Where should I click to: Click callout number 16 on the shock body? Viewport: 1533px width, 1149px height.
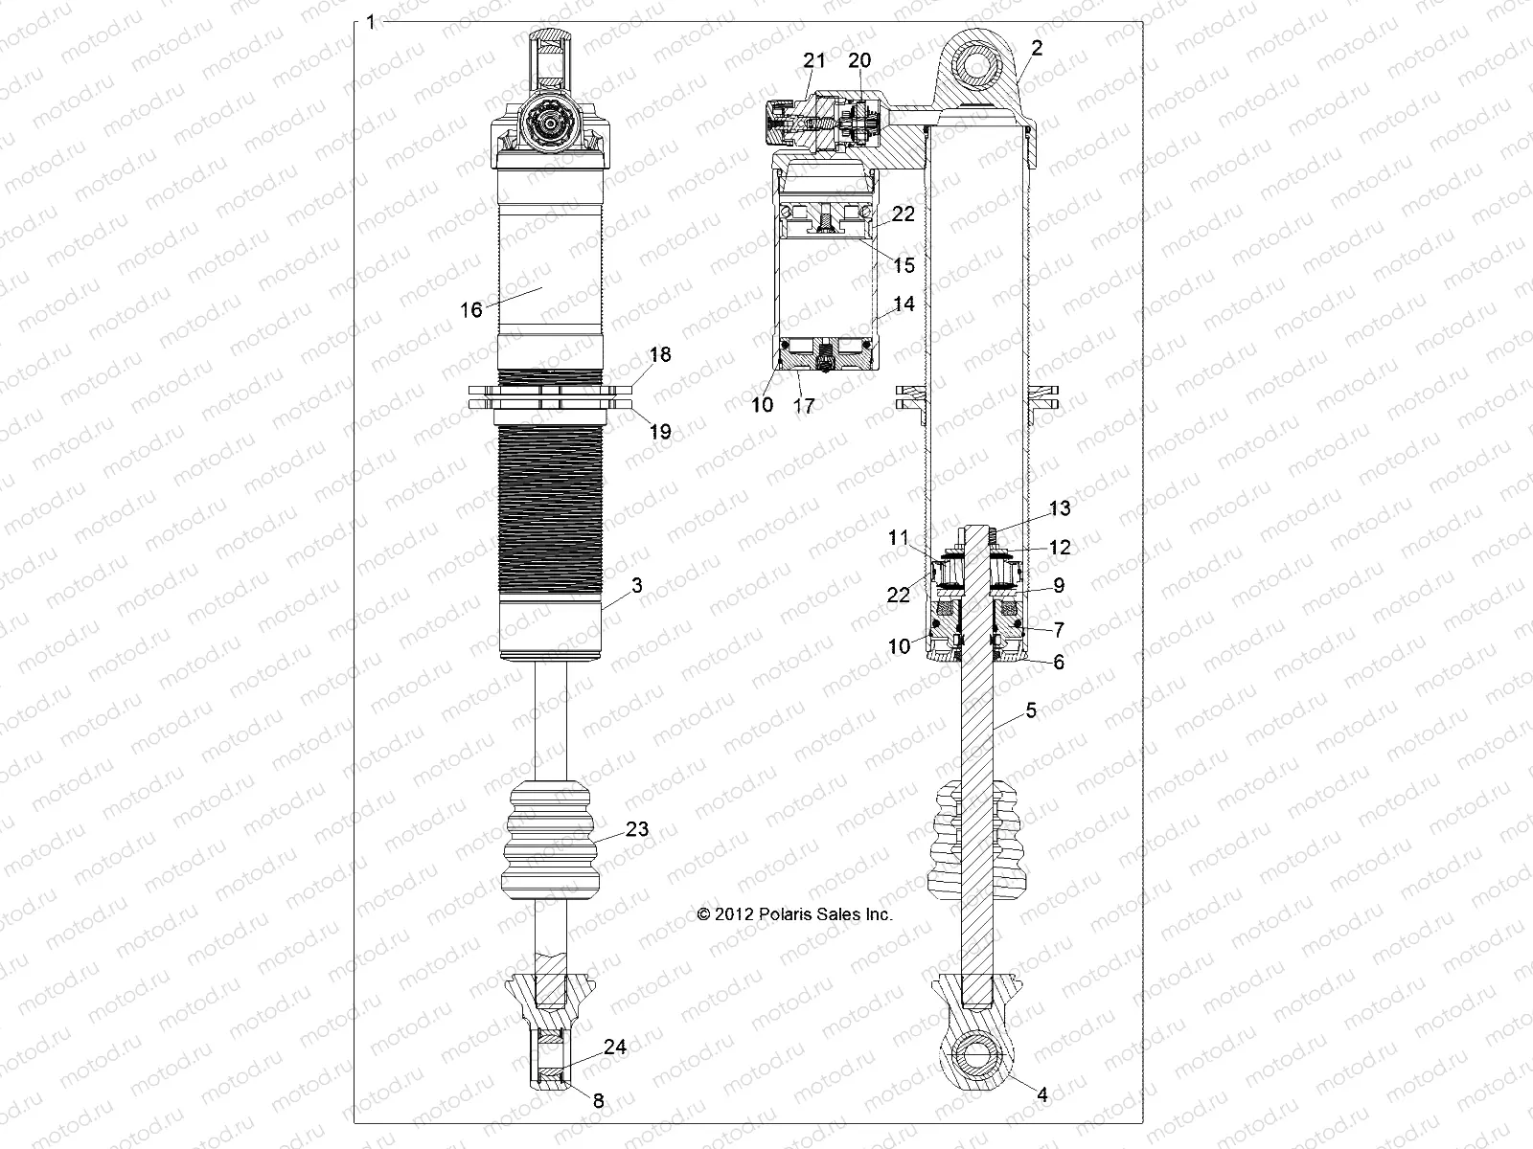pos(471,310)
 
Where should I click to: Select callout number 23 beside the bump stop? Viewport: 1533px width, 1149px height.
pos(637,829)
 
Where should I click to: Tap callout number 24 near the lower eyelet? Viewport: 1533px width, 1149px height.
pos(615,1048)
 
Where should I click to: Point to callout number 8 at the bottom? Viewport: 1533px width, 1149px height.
pos(599,1101)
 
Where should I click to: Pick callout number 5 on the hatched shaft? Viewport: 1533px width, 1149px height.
pos(1031,710)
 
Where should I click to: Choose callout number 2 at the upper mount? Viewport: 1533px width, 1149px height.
pos(1038,47)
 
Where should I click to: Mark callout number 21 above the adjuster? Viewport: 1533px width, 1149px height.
pos(813,60)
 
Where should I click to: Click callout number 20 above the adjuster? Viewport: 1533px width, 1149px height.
pos(859,60)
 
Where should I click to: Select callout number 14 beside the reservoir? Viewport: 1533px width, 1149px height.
pos(904,304)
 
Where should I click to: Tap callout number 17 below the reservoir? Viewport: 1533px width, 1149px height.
pos(805,406)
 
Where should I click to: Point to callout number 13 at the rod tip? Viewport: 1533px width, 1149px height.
pos(1060,508)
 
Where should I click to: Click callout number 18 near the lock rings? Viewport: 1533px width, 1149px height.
pos(660,355)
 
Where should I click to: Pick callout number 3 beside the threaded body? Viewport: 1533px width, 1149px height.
pos(637,586)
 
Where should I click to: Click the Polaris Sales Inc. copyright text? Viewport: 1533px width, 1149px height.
pos(795,914)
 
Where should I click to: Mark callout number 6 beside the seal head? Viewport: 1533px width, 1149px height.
pos(1059,662)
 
